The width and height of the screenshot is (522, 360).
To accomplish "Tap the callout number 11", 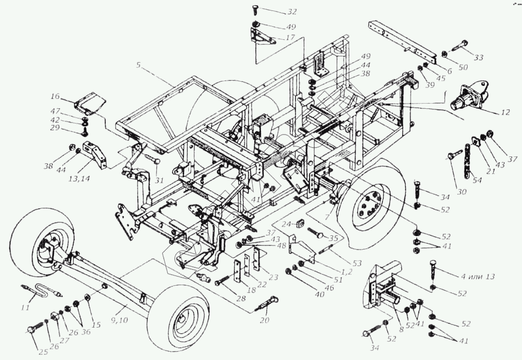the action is coord(25,307).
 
